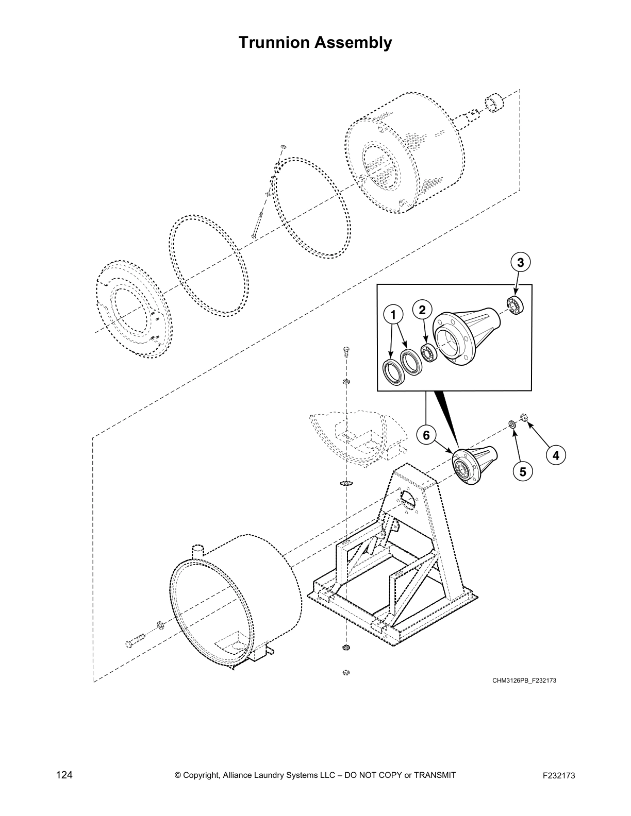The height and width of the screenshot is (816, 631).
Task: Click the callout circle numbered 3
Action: [x=521, y=263]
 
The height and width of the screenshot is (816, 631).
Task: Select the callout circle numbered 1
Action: [x=393, y=314]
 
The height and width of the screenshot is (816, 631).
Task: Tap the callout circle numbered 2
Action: [x=422, y=310]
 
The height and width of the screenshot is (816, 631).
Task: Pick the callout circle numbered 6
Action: [x=426, y=436]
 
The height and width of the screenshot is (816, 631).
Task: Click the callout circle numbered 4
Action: [x=555, y=455]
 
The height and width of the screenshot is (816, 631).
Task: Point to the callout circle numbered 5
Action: [x=522, y=471]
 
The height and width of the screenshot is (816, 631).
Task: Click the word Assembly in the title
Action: [x=355, y=43]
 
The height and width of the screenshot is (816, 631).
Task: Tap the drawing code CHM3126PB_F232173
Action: [x=524, y=681]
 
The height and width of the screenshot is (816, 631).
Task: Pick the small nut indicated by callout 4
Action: [x=524, y=416]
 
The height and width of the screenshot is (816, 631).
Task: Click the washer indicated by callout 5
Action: [x=512, y=424]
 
